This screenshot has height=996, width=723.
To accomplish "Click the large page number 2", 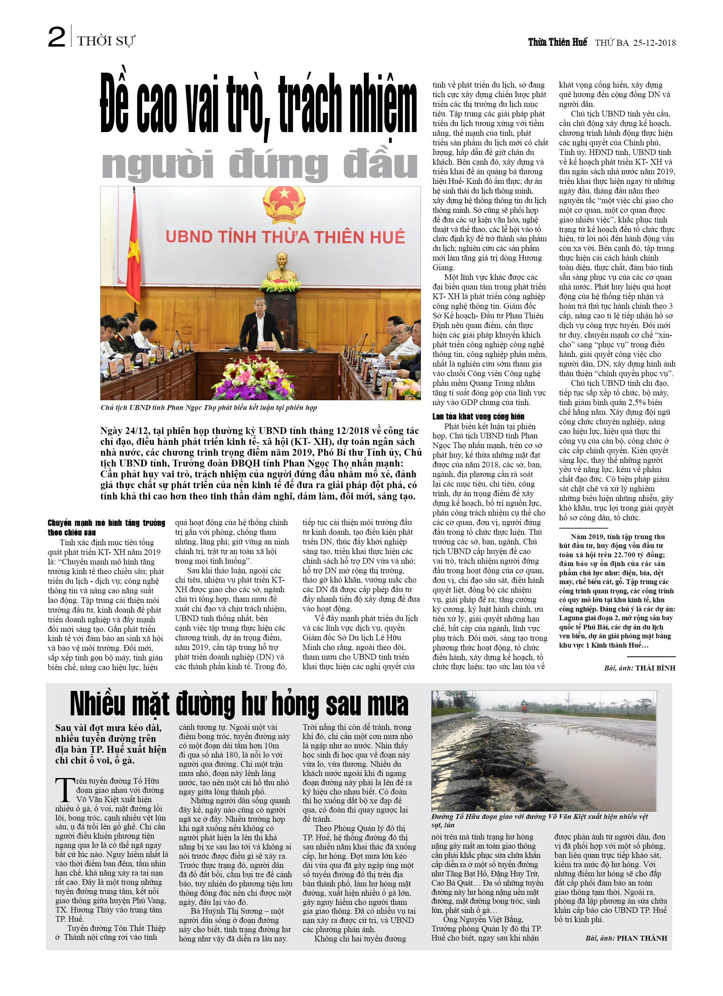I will tap(57, 37).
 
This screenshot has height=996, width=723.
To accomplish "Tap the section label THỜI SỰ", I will tap(106, 41).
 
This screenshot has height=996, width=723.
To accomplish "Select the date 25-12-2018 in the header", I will tap(654, 43).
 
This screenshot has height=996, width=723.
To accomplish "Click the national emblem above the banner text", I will tap(284, 204).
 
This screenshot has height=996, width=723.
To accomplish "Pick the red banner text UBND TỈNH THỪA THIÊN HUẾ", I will tap(285, 237).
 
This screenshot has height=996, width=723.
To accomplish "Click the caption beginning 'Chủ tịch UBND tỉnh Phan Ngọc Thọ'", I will tap(209, 407).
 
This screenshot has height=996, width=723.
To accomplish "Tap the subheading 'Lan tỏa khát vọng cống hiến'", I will tap(478, 416).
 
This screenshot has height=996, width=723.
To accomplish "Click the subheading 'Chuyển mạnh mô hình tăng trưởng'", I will tap(106, 527).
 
